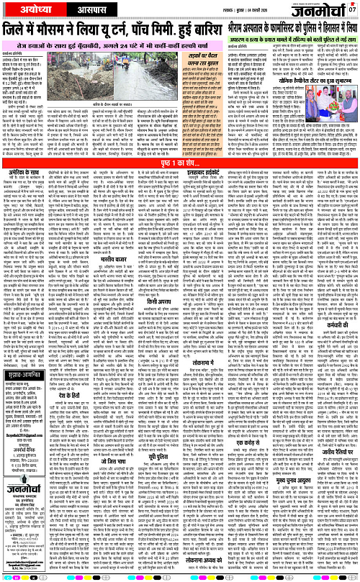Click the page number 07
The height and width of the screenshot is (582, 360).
(x=352, y=9)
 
